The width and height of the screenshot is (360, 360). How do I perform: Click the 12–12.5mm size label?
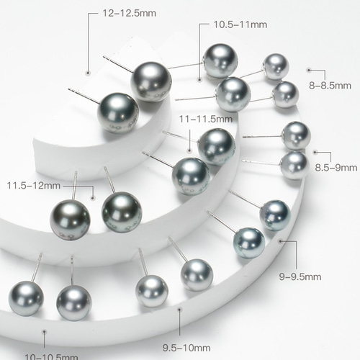pos(129,13)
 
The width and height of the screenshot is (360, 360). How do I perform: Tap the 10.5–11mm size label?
pos(240,24)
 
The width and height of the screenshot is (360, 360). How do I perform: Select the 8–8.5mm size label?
pos(330,86)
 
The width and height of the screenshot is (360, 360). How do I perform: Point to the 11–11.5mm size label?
pos(206,119)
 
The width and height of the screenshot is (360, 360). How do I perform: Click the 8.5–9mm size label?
pos(336,168)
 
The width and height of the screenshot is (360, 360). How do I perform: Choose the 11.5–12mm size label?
pos(34,186)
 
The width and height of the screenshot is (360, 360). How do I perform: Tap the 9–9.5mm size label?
pos(300,276)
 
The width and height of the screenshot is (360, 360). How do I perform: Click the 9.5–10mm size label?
pos(186,348)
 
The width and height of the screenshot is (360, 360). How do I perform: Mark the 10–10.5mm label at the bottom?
pos(51,357)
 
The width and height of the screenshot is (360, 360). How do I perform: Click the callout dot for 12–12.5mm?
pos(88,73)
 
